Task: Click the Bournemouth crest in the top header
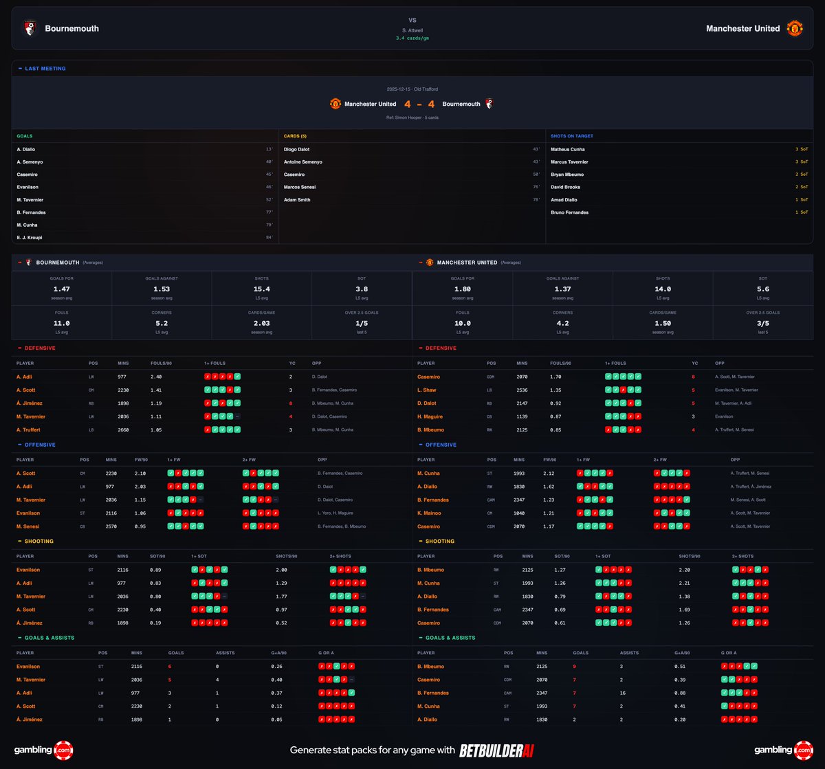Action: click(30, 28)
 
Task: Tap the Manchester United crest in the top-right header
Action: click(795, 28)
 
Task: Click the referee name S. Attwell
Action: click(412, 30)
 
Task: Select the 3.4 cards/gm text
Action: click(412, 38)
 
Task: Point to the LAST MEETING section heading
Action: click(45, 69)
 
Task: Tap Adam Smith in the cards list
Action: click(297, 200)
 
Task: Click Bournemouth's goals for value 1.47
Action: click(61, 289)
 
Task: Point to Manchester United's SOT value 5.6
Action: click(763, 289)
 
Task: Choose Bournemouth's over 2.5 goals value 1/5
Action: click(362, 323)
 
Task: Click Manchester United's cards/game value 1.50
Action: click(663, 323)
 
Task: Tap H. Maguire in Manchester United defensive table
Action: click(431, 416)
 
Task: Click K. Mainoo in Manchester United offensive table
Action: click(430, 513)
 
